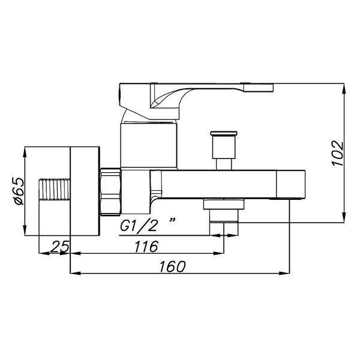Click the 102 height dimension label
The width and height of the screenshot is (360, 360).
(337, 153)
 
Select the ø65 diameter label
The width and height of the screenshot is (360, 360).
(19, 191)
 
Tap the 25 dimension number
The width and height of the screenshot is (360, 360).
(59, 247)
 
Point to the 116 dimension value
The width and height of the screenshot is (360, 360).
(146, 247)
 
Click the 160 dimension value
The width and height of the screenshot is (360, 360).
(172, 266)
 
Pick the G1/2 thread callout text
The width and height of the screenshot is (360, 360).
(139, 226)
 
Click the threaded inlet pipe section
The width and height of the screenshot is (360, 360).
(54, 189)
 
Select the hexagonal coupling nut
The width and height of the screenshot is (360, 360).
(110, 192)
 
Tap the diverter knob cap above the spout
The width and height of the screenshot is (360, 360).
(224, 133)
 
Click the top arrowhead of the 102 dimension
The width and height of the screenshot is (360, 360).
(344, 88)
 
